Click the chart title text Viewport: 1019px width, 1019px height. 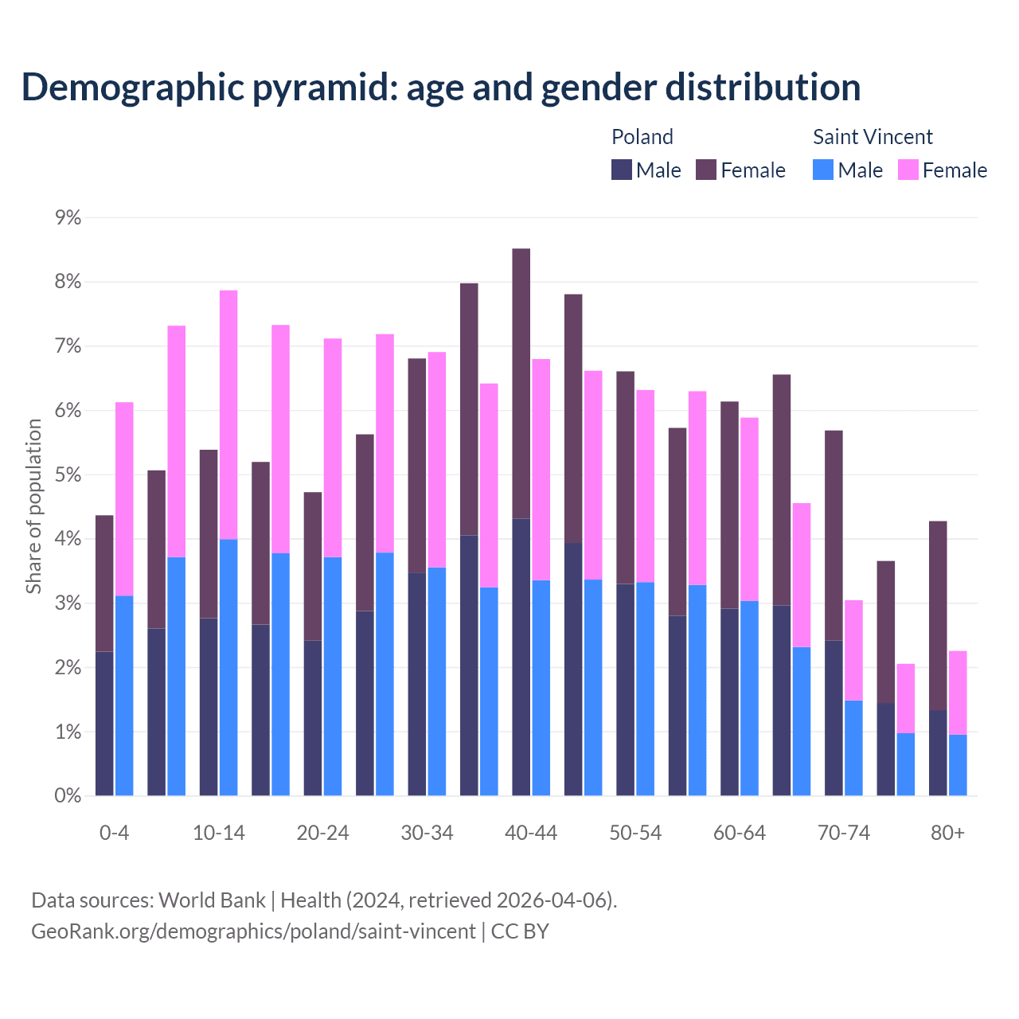(x=440, y=87)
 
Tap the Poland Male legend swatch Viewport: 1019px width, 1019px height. (x=622, y=170)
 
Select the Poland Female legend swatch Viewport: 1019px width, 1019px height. (x=706, y=170)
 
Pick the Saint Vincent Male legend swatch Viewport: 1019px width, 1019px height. (x=823, y=170)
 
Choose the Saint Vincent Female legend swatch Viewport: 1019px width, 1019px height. (x=908, y=170)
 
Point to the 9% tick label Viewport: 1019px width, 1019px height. (x=68, y=217)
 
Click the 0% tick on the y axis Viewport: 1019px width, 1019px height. (x=68, y=795)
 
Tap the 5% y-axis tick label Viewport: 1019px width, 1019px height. (x=68, y=474)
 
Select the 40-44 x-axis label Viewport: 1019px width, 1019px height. (x=531, y=833)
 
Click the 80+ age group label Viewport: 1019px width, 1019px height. (x=947, y=833)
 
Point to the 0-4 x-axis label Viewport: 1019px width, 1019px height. (x=114, y=833)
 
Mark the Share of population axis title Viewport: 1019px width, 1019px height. (x=33, y=506)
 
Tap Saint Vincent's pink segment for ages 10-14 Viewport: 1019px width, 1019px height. (x=228, y=415)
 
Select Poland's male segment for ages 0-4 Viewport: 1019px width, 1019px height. (x=104, y=724)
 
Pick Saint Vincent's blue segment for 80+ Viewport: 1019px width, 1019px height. (x=958, y=765)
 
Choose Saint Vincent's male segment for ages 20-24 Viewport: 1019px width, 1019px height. (x=333, y=676)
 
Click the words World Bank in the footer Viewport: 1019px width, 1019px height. (x=212, y=900)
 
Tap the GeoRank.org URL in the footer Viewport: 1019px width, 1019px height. (x=253, y=931)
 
